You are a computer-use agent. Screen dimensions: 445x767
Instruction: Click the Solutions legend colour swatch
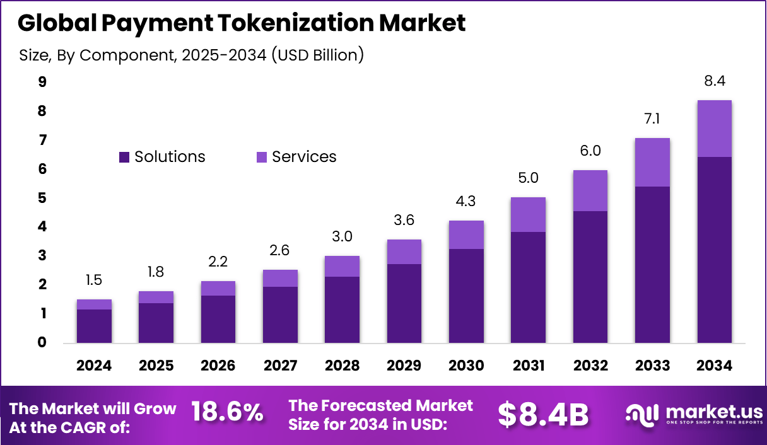(x=124, y=157)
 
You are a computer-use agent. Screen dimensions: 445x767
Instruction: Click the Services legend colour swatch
(x=261, y=157)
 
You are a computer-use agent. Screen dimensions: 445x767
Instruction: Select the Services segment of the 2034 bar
(x=714, y=129)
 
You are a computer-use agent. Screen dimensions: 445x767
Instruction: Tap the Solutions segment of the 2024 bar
(x=94, y=327)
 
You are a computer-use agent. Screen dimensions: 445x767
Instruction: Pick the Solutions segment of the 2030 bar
(x=466, y=296)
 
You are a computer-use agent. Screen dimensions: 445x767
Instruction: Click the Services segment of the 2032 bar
(x=590, y=190)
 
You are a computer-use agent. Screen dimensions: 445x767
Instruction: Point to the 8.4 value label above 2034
(x=714, y=81)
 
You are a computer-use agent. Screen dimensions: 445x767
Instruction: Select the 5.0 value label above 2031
(x=528, y=178)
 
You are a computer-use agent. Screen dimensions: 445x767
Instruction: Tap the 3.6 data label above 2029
(x=404, y=221)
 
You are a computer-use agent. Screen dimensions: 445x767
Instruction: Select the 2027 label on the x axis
(x=280, y=366)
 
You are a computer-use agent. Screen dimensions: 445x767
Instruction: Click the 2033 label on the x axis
(x=652, y=366)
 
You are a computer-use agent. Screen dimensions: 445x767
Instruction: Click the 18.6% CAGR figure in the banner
(x=226, y=413)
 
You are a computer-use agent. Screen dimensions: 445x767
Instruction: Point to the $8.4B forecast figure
(x=543, y=414)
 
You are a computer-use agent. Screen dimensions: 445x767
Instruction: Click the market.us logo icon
(x=642, y=413)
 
